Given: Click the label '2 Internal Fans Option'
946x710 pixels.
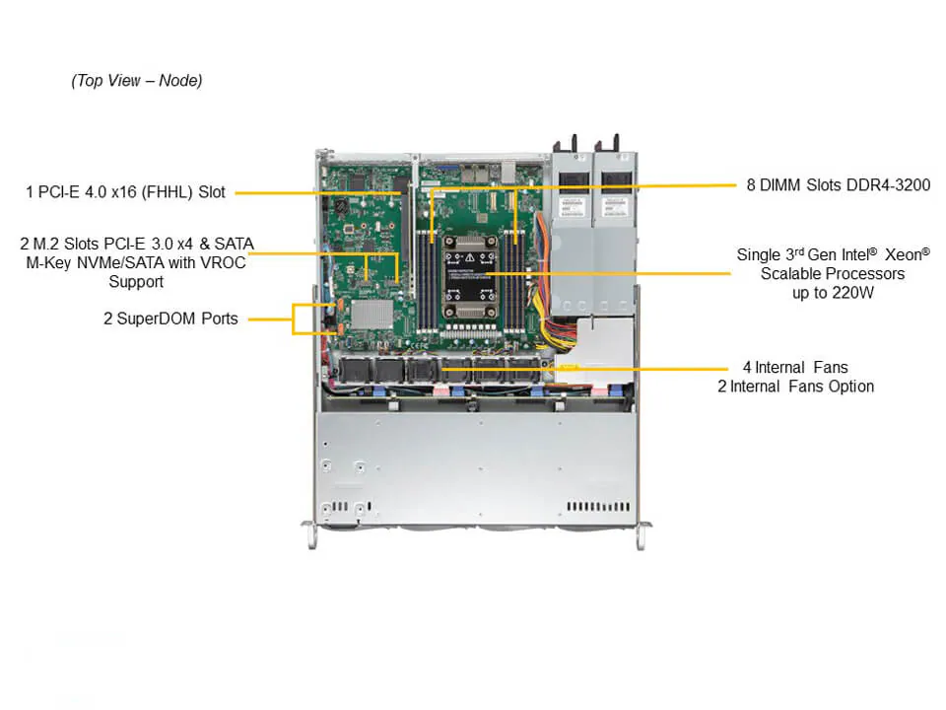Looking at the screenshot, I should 795,387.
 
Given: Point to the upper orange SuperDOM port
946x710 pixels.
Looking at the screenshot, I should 331,307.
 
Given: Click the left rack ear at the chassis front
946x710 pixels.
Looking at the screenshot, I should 308,535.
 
